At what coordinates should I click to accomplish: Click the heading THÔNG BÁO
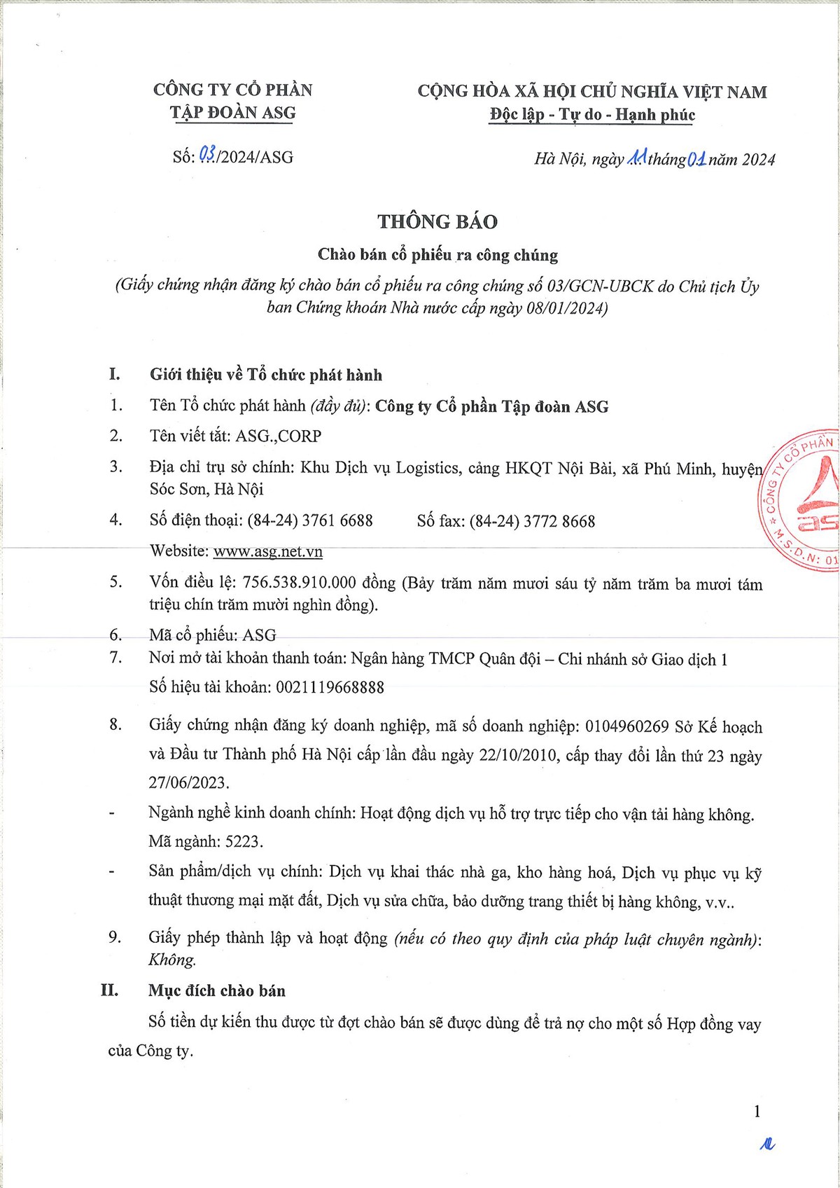[x=437, y=221]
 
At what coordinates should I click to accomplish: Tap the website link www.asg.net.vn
[x=268, y=551]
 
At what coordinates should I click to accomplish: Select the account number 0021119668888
[x=330, y=687]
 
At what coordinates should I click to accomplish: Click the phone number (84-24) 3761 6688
[x=310, y=520]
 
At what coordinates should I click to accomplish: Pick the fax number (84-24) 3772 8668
[x=532, y=521]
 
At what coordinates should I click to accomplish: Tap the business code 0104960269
[x=627, y=726]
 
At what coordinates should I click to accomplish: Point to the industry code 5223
[x=244, y=841]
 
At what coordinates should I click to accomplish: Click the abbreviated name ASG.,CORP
[x=279, y=436]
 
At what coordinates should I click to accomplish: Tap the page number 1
[x=757, y=1112]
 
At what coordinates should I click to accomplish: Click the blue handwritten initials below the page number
[x=768, y=1145]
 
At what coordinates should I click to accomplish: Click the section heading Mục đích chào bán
[x=217, y=990]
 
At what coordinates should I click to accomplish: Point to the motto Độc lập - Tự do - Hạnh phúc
[x=592, y=115]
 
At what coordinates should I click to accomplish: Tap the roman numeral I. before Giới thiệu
[x=115, y=374]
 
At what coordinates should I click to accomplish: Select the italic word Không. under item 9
[x=172, y=960]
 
